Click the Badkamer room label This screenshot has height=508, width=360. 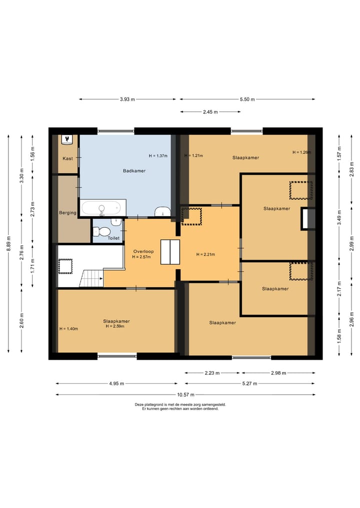134,171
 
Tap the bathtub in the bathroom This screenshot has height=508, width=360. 103,208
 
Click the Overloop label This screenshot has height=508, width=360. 143,251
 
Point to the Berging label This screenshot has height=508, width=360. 67,213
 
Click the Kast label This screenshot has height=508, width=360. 68,158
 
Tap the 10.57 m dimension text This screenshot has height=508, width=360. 186,395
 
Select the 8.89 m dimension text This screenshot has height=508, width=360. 9,243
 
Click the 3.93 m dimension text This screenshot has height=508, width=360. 127,99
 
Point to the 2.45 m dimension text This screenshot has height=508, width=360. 210,112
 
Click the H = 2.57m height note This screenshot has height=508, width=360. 141,257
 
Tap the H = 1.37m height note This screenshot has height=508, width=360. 158,156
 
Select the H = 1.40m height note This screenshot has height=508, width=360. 69,329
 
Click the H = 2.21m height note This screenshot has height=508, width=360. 205,254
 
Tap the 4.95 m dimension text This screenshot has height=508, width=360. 116,384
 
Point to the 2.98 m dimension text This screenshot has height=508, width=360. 278,373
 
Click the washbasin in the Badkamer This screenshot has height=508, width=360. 162,211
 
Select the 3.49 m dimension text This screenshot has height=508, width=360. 339,218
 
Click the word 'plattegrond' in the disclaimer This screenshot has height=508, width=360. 153,405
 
